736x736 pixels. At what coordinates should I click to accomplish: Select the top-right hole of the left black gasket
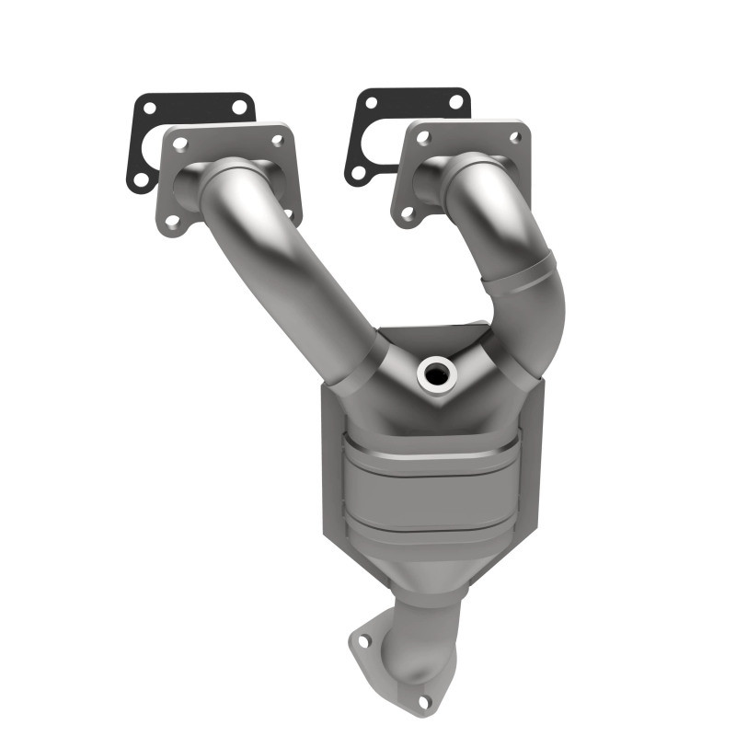(x=238, y=107)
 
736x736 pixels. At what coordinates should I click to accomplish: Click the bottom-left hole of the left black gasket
(x=140, y=178)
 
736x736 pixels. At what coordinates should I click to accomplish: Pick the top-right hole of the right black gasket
(x=455, y=102)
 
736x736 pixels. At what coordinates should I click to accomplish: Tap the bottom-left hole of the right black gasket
(x=359, y=172)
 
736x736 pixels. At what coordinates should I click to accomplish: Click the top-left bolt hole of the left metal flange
(x=179, y=144)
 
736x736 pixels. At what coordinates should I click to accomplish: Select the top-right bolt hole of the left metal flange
(x=277, y=139)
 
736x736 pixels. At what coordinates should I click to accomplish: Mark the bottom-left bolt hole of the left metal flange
(x=172, y=221)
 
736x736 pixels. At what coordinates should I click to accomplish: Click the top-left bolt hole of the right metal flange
(x=423, y=138)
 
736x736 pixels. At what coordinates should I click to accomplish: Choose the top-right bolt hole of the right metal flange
(x=515, y=136)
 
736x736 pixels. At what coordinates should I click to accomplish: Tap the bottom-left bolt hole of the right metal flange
(x=407, y=213)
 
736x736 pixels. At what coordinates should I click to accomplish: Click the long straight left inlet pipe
(x=294, y=267)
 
